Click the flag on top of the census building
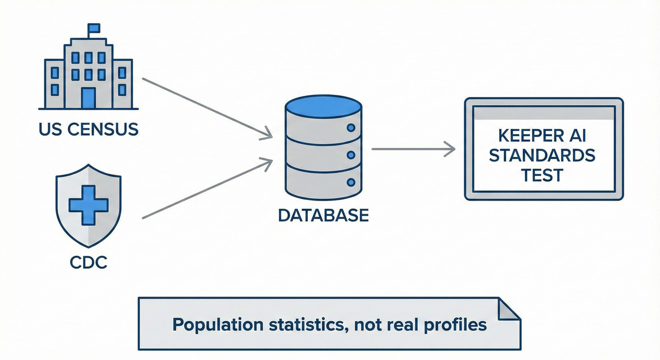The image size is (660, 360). pyautogui.click(x=94, y=28)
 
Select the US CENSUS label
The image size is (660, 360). pyautogui.click(x=88, y=128)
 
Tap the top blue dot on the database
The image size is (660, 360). pyautogui.click(x=352, y=127)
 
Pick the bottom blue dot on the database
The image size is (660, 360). pyautogui.click(x=352, y=182)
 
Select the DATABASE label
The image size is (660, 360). pyautogui.click(x=323, y=215)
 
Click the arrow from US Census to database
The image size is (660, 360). pyautogui.click(x=206, y=108)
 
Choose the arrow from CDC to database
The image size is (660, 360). pyautogui.click(x=206, y=188)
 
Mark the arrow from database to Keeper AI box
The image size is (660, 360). pyautogui.click(x=412, y=150)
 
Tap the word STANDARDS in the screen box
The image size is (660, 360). pyautogui.click(x=542, y=155)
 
